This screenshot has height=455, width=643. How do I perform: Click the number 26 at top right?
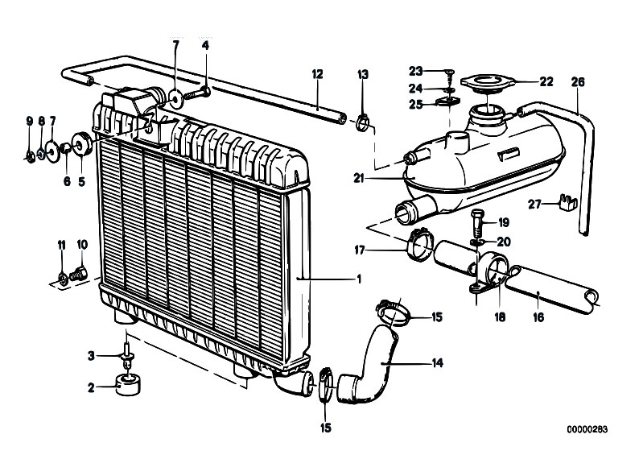point(578,81)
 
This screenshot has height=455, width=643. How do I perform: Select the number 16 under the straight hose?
point(538,317)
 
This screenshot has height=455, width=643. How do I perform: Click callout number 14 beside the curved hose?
point(437,362)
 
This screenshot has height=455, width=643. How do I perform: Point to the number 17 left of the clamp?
point(360,250)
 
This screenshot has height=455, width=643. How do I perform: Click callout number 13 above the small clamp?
point(363,74)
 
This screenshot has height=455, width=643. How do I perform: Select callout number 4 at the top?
point(206,46)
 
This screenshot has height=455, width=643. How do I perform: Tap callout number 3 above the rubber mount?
point(92,355)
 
